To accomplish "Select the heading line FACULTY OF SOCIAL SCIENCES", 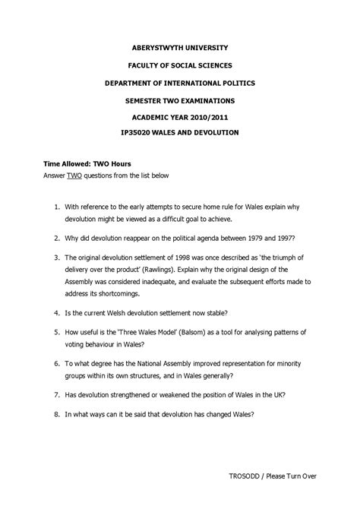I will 179,65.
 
